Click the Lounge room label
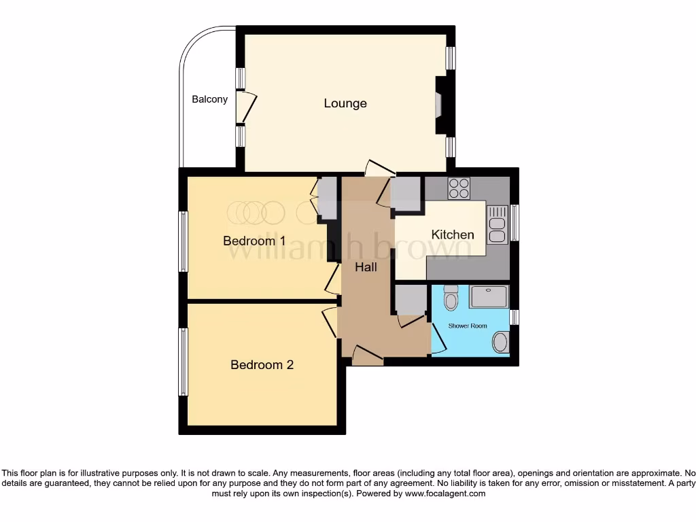tap(345, 103)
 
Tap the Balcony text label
tap(209, 99)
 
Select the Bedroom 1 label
tap(254, 241)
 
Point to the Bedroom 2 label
tap(262, 365)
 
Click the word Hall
tap(366, 267)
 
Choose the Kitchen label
tap(453, 234)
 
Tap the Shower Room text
tap(467, 326)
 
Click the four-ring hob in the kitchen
tap(459, 188)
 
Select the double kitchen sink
tap(497, 224)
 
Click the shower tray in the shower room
tap(488, 296)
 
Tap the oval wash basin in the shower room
tap(500, 342)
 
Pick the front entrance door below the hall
tap(367, 355)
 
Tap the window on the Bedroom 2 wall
tap(183, 362)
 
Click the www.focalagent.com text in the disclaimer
tap(445, 493)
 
